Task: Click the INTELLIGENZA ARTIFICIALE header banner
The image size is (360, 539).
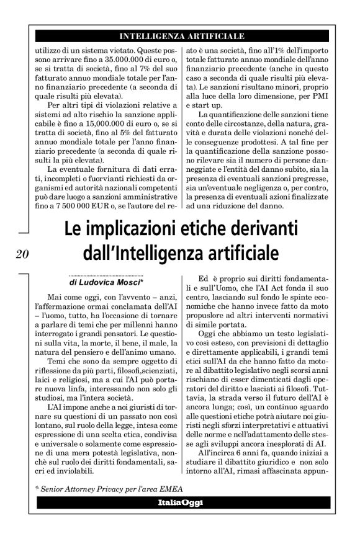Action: (x=181, y=35)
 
